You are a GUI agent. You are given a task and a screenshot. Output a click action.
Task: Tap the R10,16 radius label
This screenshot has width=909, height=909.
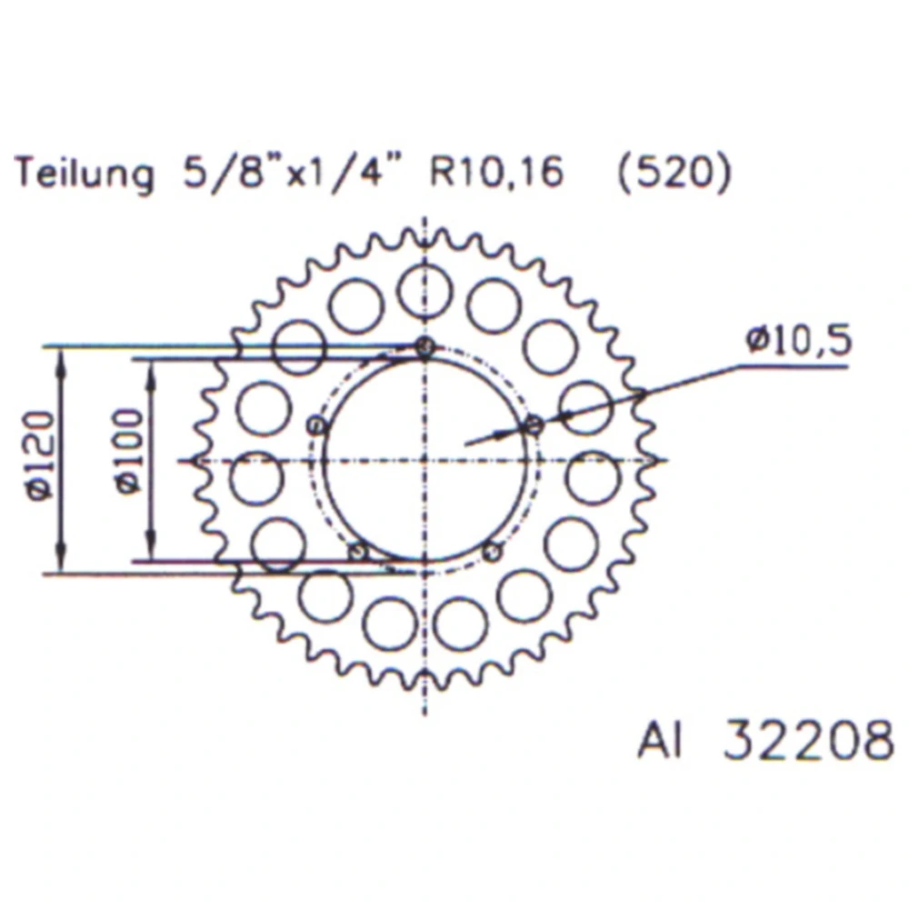[496, 171]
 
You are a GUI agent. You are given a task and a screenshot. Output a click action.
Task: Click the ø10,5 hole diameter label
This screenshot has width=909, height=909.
[799, 340]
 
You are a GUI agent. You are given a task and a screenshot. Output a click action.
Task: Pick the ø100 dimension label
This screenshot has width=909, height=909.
[129, 451]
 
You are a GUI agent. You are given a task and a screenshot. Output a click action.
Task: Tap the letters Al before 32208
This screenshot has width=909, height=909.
[659, 740]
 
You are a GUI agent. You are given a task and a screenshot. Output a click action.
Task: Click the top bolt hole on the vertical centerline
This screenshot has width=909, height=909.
[425, 346]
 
